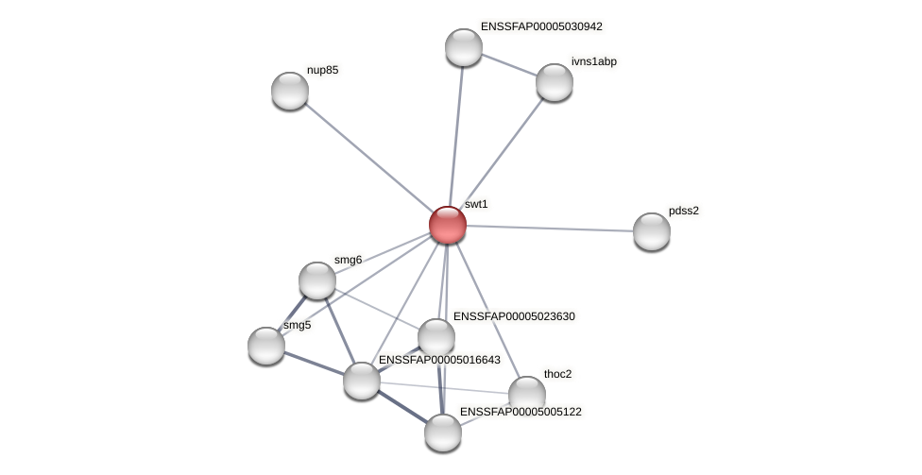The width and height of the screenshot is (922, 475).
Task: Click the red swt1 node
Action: [x=448, y=225]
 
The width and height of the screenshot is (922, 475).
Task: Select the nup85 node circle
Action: [x=290, y=91]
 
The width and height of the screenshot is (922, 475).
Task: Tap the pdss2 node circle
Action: [x=651, y=231]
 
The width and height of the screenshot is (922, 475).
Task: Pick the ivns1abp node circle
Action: [x=555, y=82]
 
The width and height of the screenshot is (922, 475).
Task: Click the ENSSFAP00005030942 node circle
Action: [x=464, y=47]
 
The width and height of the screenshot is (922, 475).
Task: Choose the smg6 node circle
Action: [x=317, y=280]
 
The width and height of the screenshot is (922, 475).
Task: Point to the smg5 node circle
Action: [x=266, y=346]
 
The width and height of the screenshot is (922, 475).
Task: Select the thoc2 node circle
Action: [x=527, y=395]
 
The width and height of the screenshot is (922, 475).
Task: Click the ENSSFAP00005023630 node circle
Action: [x=436, y=337]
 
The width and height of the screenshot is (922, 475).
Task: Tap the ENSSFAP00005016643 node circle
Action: [x=362, y=381]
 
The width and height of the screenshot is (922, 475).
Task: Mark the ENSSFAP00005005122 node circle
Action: [x=443, y=433]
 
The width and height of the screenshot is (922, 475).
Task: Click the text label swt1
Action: [x=476, y=204]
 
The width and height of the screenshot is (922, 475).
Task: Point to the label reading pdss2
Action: [x=684, y=211]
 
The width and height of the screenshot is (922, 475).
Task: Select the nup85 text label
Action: [x=322, y=70]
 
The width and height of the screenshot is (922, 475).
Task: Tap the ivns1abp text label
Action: [x=594, y=61]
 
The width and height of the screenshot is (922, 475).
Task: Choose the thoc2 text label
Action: [x=557, y=374]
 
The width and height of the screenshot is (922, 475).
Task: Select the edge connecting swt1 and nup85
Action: [x=368, y=158]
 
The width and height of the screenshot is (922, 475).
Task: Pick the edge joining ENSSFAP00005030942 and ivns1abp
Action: [x=509, y=64]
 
